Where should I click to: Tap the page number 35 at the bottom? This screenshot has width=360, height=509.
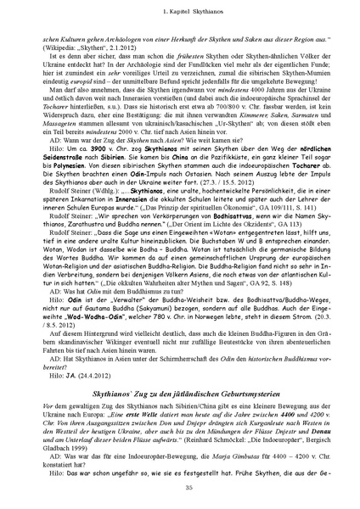(x=180, y=485)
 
